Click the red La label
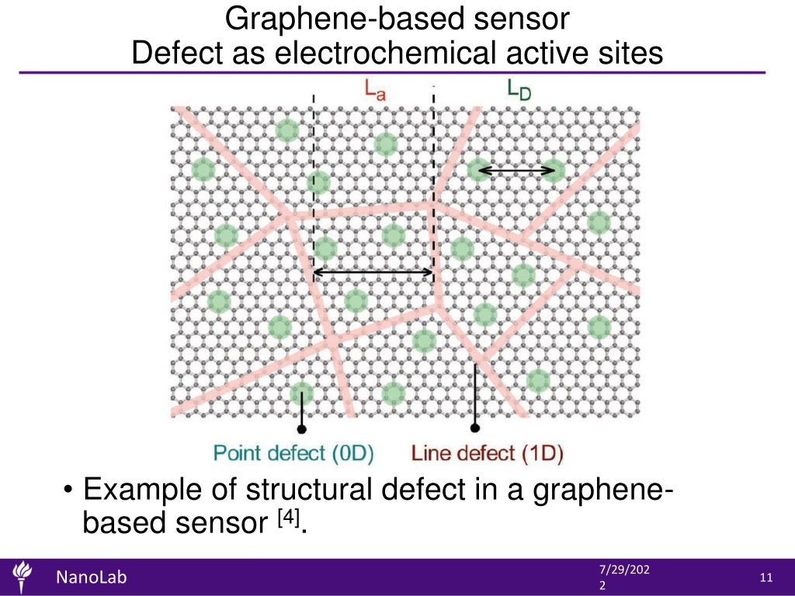(375, 90)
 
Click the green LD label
(519, 90)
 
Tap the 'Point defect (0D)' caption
(293, 452)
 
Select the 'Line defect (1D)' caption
(488, 452)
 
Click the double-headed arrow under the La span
(373, 272)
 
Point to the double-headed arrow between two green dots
(516, 171)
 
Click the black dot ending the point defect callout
(302, 429)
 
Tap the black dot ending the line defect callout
(475, 428)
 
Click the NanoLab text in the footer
(92, 577)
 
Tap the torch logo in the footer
(22, 577)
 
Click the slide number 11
(766, 577)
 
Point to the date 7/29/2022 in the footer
(624, 577)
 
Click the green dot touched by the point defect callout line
(302, 393)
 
